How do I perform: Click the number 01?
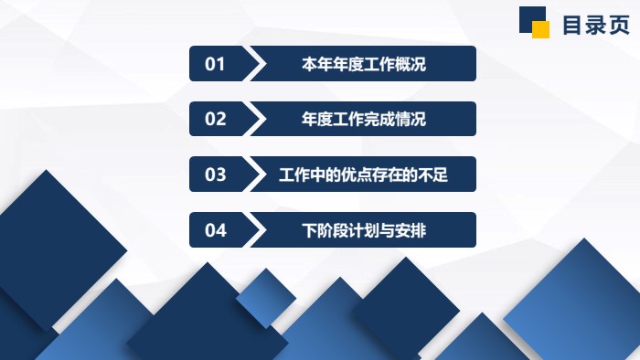pyautogui.click(x=215, y=64)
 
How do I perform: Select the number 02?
pyautogui.click(x=215, y=119)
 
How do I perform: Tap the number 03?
pyautogui.click(x=215, y=175)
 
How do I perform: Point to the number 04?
pyautogui.click(x=215, y=230)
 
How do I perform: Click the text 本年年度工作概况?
pyautogui.click(x=364, y=64)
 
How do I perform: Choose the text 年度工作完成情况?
pyautogui.click(x=364, y=119)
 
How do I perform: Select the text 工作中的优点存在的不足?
pyautogui.click(x=363, y=175)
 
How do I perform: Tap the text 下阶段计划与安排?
pyautogui.click(x=364, y=230)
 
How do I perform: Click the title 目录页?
pyautogui.click(x=595, y=25)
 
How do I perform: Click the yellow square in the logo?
pyautogui.click(x=541, y=29)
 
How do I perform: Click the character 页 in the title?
pyautogui.click(x=618, y=25)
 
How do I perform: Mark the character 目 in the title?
pyautogui.click(x=572, y=25)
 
